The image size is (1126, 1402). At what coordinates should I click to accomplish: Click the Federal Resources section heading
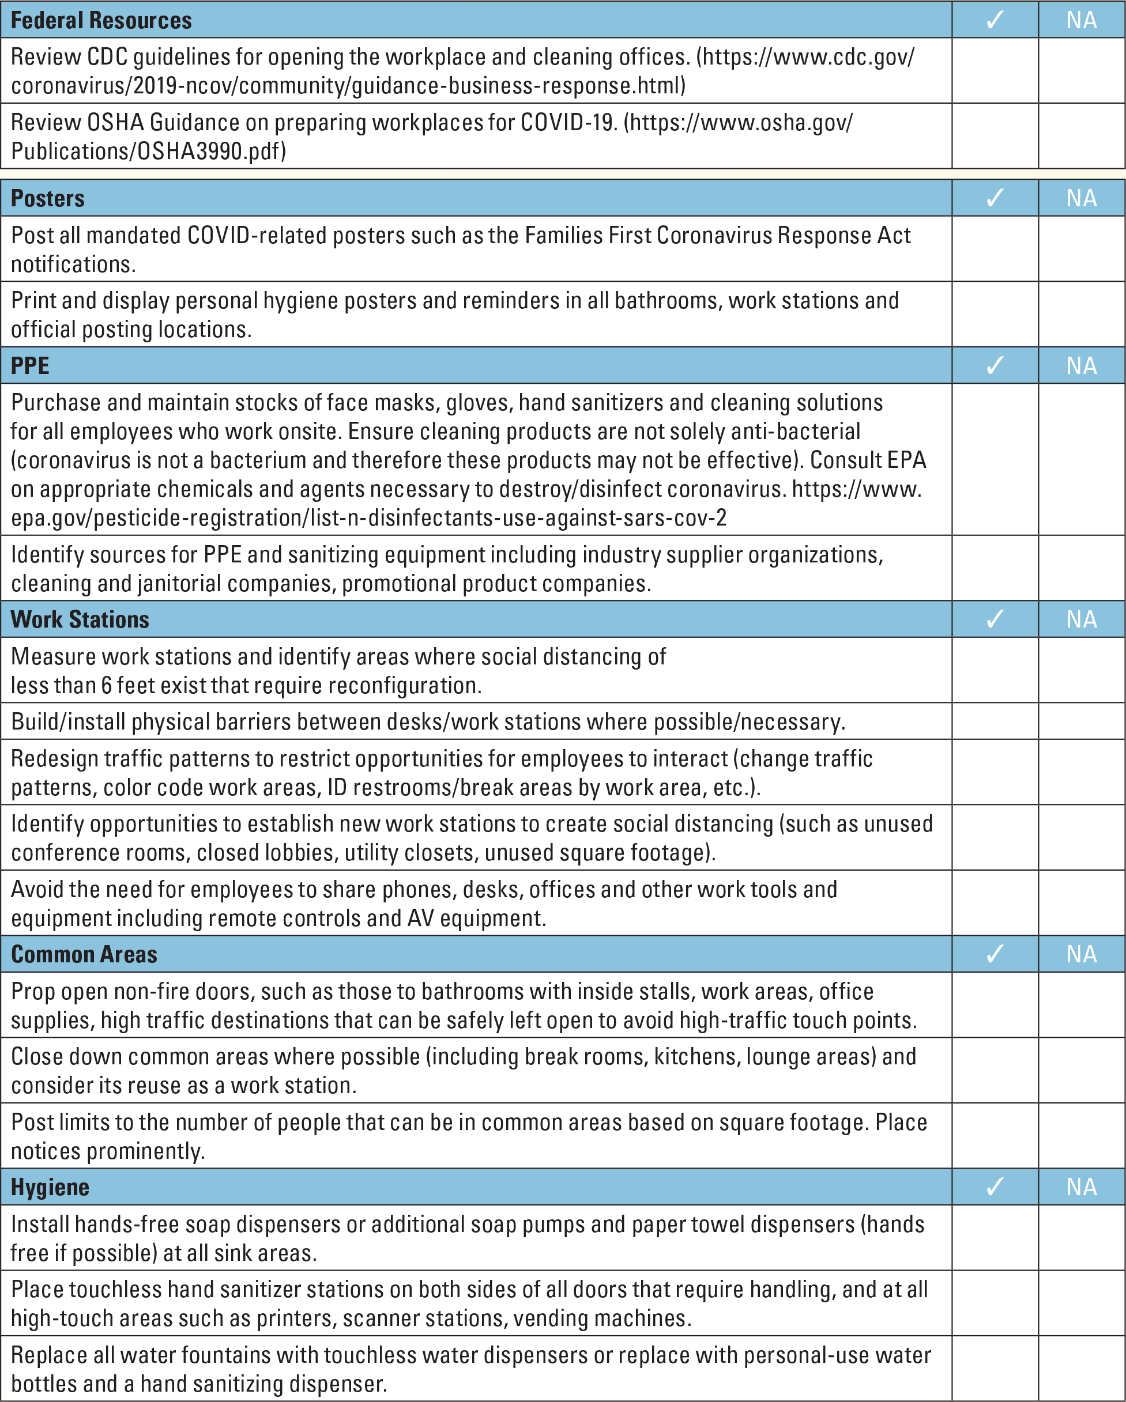(x=101, y=20)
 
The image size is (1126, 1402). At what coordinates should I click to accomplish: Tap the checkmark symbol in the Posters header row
(x=995, y=198)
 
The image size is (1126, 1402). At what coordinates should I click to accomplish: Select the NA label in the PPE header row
(x=1081, y=365)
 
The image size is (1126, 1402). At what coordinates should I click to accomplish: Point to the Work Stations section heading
(x=80, y=619)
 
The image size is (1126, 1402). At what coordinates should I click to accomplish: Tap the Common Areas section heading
(x=84, y=954)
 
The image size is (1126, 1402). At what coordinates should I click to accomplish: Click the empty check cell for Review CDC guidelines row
(x=995, y=70)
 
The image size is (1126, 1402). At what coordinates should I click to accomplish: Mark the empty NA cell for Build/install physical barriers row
(x=1081, y=721)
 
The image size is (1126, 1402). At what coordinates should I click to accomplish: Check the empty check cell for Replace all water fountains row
(x=995, y=1369)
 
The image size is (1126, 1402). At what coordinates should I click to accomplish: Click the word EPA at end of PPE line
(x=899, y=460)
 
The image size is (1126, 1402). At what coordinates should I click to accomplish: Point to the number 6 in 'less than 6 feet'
(x=106, y=685)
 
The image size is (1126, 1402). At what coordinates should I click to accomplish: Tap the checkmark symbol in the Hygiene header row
(x=995, y=1186)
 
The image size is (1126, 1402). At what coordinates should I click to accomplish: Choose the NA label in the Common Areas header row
(x=1081, y=954)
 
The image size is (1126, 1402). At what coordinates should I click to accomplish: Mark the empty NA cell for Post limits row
(x=1081, y=1136)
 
